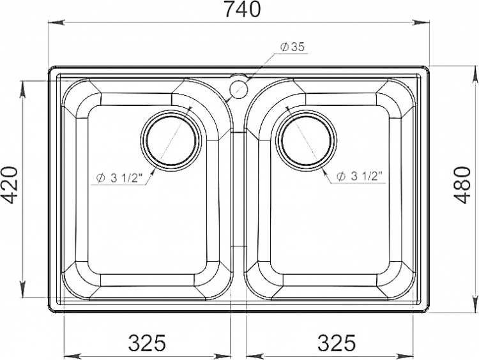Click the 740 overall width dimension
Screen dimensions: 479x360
tap(243, 9)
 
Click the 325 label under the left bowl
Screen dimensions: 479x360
tap(147, 343)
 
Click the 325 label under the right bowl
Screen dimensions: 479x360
tap(337, 343)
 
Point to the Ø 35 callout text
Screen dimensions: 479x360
tap(293, 47)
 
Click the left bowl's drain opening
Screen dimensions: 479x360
tap(171, 140)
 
